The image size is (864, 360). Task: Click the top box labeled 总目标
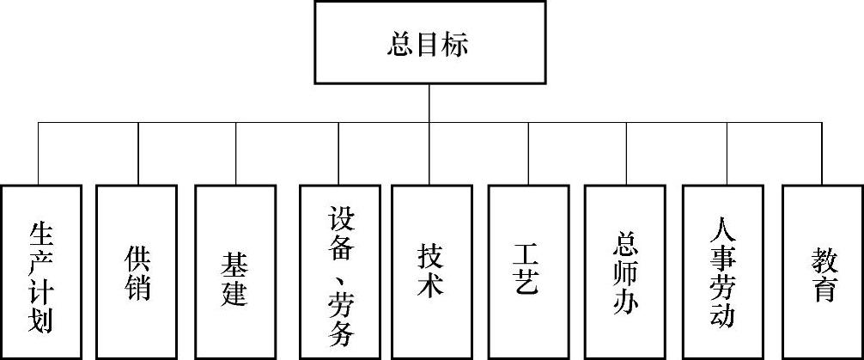click(428, 42)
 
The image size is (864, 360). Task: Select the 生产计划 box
click(41, 271)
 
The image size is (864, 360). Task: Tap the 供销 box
click(137, 271)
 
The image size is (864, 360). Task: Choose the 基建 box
click(235, 271)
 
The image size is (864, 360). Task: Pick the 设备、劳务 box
click(340, 271)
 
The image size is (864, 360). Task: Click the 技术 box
click(431, 271)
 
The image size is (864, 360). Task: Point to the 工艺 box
click(527, 271)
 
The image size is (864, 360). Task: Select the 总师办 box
click(625, 271)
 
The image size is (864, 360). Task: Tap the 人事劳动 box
click(723, 271)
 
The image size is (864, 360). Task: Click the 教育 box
click(822, 271)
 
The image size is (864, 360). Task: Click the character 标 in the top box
click(455, 44)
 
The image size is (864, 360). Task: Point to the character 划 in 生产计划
click(41, 320)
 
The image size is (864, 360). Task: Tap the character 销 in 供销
click(137, 287)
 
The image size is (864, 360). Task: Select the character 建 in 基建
click(234, 291)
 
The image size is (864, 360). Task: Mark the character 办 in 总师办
click(625, 302)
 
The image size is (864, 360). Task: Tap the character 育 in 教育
click(822, 289)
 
